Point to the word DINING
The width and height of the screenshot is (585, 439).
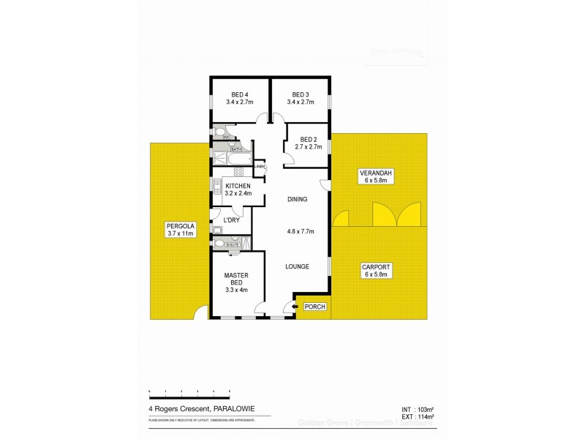point(297,199)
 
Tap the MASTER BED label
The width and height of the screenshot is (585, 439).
point(236,281)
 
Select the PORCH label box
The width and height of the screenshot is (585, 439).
point(314,307)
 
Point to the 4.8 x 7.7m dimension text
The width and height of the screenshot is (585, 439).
point(300,232)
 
